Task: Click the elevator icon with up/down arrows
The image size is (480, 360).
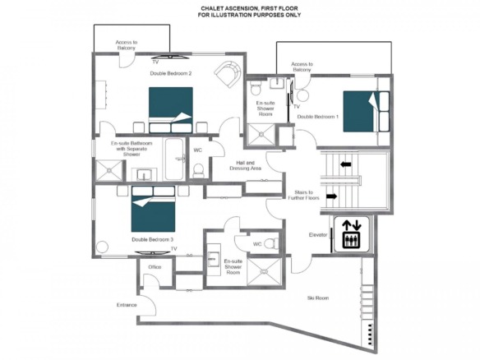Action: [x=352, y=234]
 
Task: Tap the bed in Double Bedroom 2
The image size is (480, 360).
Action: [x=170, y=110]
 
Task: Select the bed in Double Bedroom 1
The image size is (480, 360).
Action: [x=366, y=112]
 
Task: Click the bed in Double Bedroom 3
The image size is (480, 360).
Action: [x=154, y=209]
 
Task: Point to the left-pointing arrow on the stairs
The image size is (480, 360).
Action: [x=345, y=164]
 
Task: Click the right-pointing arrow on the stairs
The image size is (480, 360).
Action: [x=332, y=196]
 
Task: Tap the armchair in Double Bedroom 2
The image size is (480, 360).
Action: [x=228, y=74]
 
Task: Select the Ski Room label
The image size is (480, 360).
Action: [x=318, y=298]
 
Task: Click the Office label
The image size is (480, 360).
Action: [x=155, y=267]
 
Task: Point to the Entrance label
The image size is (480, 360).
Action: [x=127, y=305]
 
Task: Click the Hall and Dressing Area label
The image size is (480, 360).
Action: [x=246, y=165]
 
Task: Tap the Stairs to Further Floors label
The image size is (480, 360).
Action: [x=303, y=195]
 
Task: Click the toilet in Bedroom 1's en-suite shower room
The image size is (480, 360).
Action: [x=256, y=88]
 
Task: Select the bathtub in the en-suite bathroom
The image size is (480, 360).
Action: [x=174, y=159]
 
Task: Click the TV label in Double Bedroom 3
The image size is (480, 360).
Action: [x=174, y=249]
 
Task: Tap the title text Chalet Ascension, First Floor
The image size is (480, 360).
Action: [x=249, y=8]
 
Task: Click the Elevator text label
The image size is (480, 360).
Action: [x=318, y=235]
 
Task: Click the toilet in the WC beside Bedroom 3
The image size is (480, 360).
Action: [x=271, y=243]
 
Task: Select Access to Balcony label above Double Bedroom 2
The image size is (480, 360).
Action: [x=127, y=45]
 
